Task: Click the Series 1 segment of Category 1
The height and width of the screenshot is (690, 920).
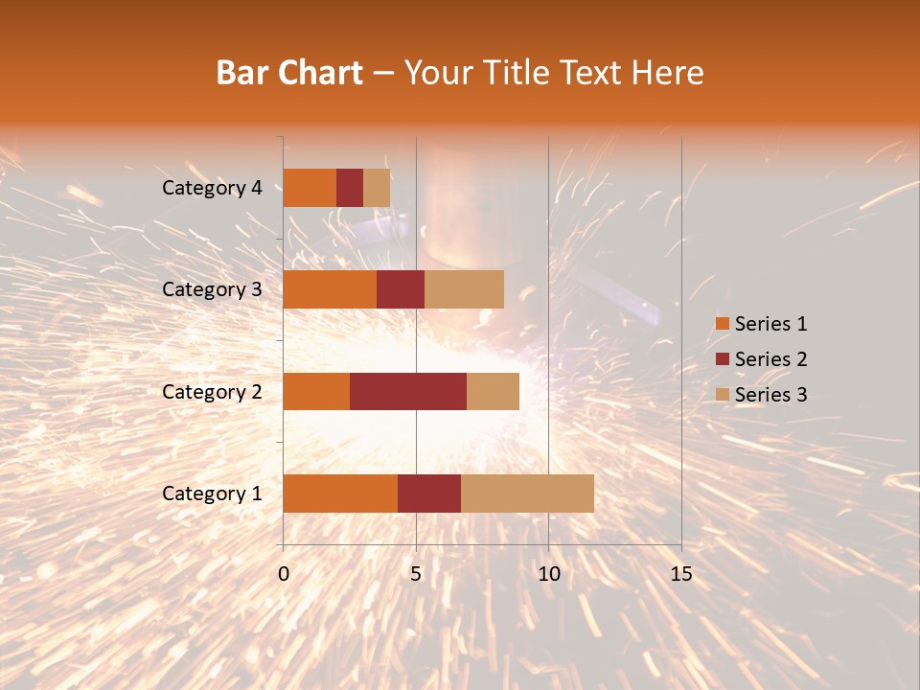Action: (x=340, y=494)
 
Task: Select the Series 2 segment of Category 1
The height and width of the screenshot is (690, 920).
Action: (x=429, y=494)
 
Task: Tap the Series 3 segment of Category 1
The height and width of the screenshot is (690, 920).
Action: (x=527, y=494)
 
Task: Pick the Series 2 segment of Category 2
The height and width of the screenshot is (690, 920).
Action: (x=408, y=391)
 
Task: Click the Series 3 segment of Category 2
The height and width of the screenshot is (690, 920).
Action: (x=493, y=391)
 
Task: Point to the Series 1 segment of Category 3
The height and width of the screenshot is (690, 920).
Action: (x=330, y=289)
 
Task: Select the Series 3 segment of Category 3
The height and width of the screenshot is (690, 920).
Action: (x=464, y=289)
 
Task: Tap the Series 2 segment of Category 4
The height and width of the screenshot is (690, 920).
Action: (x=350, y=188)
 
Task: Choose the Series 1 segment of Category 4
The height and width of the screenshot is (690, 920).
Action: (x=310, y=188)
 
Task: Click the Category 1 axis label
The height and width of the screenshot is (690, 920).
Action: (x=212, y=494)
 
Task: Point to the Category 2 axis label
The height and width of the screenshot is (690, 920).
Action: (x=212, y=391)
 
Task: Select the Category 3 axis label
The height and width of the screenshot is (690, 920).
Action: (x=212, y=289)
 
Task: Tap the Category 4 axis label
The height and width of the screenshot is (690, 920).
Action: (x=212, y=188)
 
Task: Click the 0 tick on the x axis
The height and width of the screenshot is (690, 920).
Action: (x=284, y=574)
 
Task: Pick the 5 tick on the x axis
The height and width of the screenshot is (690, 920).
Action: (x=416, y=574)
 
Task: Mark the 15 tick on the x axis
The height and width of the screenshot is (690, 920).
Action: (x=680, y=574)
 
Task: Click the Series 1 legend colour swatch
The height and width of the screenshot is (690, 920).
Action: (x=722, y=324)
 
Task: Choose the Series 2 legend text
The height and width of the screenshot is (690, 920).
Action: (x=770, y=359)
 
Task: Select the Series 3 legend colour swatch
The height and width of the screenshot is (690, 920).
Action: (x=722, y=395)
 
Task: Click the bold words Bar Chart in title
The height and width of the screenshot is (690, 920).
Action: (x=289, y=73)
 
